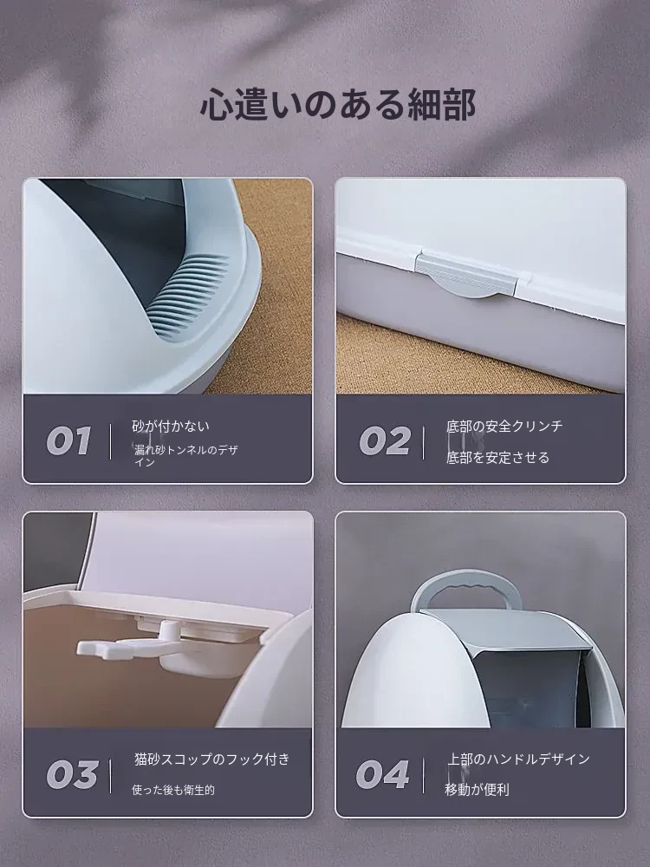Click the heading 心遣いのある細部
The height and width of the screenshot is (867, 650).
point(338,104)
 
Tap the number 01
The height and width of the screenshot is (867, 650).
point(68,440)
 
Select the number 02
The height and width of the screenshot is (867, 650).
point(385,440)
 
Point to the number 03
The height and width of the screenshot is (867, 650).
point(72,774)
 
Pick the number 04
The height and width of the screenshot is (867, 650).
point(382,774)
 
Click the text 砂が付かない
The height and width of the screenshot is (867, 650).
point(171,427)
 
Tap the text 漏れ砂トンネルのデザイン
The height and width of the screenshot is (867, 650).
point(186,456)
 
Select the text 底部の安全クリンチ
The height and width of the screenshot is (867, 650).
point(504,426)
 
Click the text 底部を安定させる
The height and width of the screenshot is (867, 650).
point(498,457)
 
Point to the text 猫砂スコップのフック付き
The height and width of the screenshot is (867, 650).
point(212,759)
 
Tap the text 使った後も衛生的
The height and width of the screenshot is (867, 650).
point(173,790)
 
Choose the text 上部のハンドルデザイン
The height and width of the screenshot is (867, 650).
point(518,759)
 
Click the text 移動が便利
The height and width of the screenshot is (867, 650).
point(477,790)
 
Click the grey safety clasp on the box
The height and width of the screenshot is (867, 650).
point(468,275)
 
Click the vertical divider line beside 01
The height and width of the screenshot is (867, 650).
point(111,441)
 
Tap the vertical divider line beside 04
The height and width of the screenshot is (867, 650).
point(424,775)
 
